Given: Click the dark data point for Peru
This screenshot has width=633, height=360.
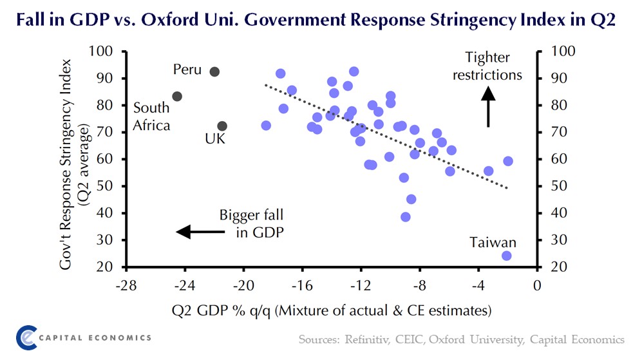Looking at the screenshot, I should (x=215, y=71).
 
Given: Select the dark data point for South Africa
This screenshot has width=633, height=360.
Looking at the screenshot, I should (x=178, y=97).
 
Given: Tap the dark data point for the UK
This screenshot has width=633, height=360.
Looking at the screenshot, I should (x=222, y=126).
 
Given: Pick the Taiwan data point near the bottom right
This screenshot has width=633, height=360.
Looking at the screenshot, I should (x=506, y=256).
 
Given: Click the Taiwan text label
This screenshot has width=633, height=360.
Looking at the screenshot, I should (x=493, y=242).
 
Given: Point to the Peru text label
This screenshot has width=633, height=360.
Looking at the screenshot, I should (x=187, y=70).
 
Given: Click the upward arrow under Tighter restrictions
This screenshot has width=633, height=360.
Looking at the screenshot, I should (x=487, y=106).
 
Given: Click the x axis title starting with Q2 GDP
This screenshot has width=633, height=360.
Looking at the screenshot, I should (x=332, y=310).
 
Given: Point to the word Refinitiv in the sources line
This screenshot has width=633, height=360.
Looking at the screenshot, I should (x=372, y=339).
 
